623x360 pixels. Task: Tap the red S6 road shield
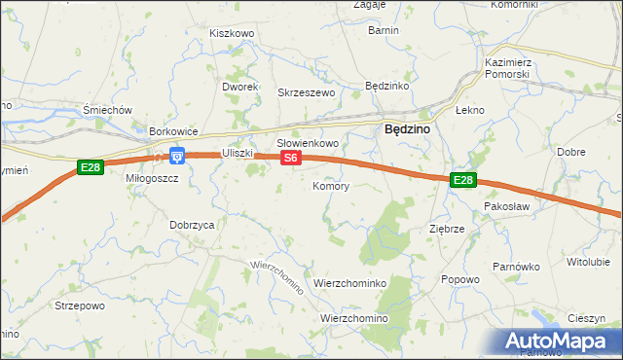(x=290, y=157)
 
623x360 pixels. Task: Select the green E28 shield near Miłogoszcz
(x=90, y=167)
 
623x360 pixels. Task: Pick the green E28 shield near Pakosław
(x=463, y=180)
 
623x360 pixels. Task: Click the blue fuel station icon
(x=177, y=156)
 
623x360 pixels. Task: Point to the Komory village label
(x=331, y=185)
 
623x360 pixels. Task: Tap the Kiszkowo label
(x=232, y=33)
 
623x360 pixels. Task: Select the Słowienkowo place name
(x=308, y=143)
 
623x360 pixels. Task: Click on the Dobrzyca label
(x=192, y=224)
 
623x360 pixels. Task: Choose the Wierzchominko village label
(x=350, y=282)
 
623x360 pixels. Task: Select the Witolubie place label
(x=588, y=262)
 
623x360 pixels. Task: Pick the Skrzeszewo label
(x=307, y=92)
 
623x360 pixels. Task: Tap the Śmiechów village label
(x=108, y=110)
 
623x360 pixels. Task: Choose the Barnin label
(x=384, y=30)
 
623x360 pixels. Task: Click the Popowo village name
(x=460, y=279)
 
